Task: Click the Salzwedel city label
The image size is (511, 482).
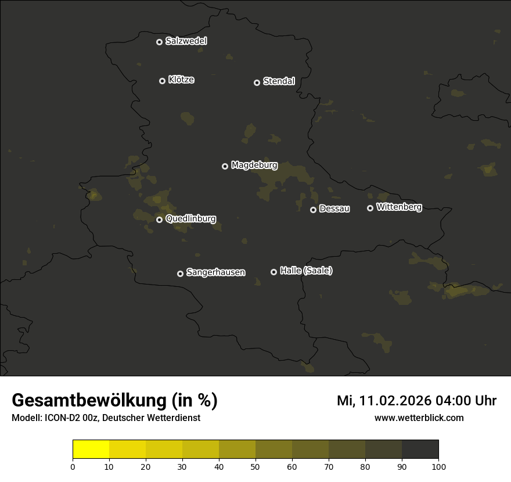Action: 186,41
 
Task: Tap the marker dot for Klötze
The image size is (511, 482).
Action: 162,81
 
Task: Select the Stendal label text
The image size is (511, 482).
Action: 279,81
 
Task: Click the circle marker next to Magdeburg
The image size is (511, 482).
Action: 225,166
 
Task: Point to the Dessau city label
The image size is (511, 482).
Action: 334,209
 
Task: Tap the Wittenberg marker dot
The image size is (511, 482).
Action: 370,208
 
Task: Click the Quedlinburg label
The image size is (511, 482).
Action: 190,219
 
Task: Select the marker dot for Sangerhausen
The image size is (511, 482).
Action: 180,274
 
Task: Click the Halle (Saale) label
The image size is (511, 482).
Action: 306,271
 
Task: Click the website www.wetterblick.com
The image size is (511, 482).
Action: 419,418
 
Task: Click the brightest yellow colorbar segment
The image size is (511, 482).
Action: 91,449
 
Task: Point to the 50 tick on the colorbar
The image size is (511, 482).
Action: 255,466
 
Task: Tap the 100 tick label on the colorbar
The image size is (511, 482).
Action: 438,466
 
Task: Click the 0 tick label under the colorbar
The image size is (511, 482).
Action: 73,466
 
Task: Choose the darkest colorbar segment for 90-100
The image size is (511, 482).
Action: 420,449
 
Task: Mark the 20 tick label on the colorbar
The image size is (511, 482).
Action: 146,466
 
